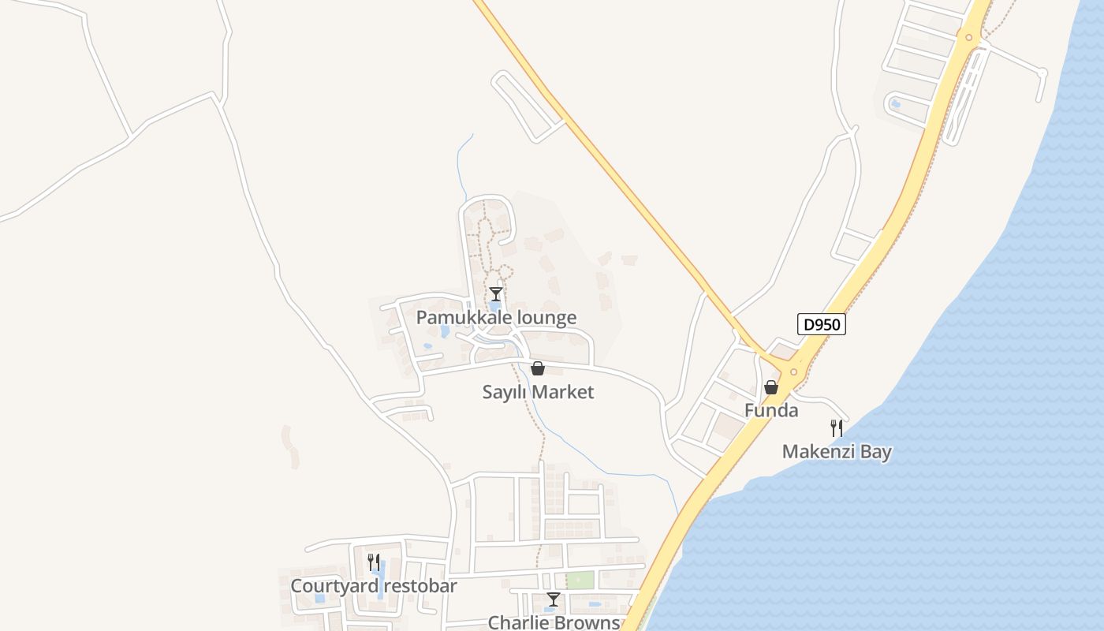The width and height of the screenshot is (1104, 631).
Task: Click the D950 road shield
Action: click(x=821, y=324)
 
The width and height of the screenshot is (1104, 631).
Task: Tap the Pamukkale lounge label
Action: click(x=496, y=318)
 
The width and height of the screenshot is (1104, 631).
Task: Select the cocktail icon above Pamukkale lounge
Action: click(x=495, y=294)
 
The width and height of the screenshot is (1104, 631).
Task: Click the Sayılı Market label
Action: click(x=538, y=392)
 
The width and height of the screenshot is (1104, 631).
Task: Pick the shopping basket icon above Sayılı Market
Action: click(x=538, y=368)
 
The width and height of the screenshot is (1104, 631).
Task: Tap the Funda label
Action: click(x=771, y=410)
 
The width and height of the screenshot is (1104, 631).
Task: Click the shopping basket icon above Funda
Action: click(x=771, y=387)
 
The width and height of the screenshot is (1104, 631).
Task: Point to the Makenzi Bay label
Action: click(x=837, y=452)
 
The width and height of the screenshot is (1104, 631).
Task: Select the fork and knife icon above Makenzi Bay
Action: click(x=837, y=428)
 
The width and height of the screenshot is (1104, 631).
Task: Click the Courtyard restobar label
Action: click(x=374, y=586)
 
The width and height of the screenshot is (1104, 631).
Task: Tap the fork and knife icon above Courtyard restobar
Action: click(x=374, y=562)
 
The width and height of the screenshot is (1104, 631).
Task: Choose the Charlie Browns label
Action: click(x=554, y=622)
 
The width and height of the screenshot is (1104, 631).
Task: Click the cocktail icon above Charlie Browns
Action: click(x=554, y=599)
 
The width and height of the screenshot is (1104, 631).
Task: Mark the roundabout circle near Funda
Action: click(x=793, y=372)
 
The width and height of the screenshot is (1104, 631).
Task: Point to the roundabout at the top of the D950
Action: click(x=968, y=36)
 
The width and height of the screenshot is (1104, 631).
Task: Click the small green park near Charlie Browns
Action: click(x=580, y=580)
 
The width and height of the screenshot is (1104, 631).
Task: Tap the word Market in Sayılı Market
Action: click(x=562, y=392)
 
